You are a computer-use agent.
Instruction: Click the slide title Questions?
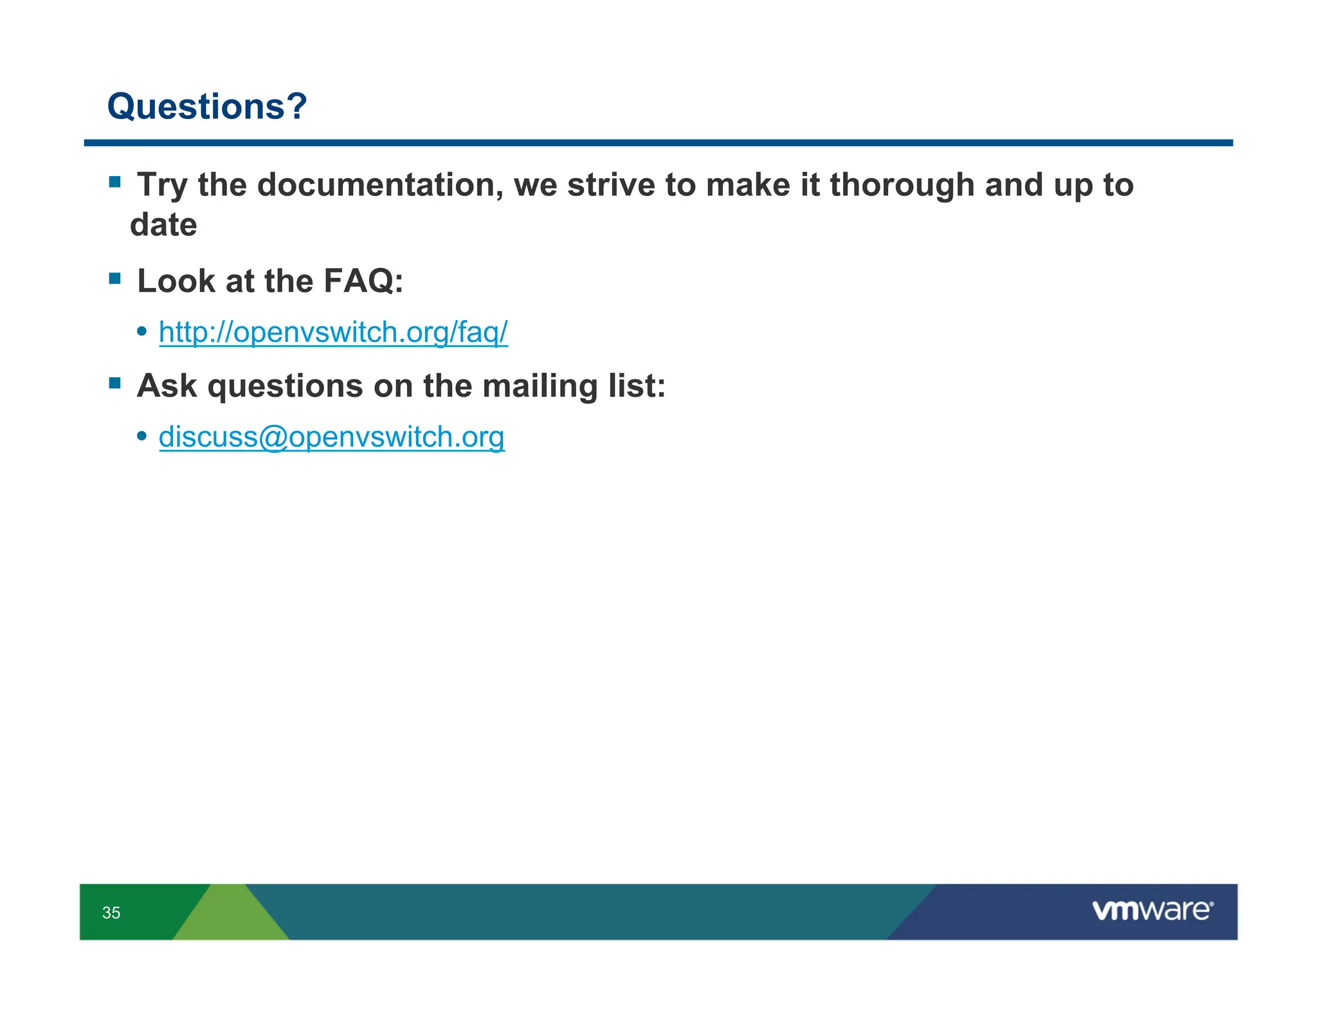pos(206,107)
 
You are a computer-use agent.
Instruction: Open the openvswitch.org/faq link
pos(333,332)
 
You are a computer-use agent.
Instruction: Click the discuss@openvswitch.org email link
pos(331,437)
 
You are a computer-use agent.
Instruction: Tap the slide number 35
pos(111,913)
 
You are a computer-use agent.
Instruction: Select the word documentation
pos(380,185)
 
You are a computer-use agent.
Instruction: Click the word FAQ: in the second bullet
pos(363,281)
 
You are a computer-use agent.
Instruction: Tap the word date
pos(163,225)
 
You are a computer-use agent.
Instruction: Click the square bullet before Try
pos(115,182)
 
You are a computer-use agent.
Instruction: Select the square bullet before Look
pos(115,278)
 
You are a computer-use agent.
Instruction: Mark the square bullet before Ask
pos(115,383)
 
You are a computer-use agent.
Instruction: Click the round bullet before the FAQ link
pos(142,332)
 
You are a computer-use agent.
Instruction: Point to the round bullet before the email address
pos(142,437)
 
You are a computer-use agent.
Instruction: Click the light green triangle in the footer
pos(230,916)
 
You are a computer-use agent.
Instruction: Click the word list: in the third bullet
pos(636,386)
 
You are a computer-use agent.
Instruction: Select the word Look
pos(176,281)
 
